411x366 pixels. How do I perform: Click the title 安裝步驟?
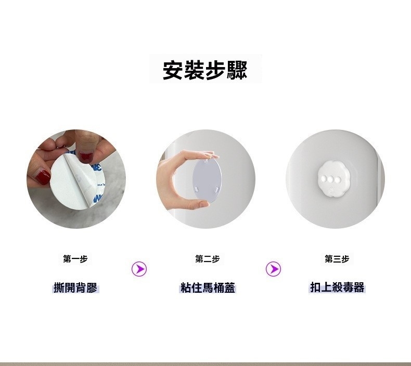tap(205, 70)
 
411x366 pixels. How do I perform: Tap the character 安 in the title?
tap(173, 70)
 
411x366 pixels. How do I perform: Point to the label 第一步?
tap(75, 259)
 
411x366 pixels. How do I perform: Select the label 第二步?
tap(208, 259)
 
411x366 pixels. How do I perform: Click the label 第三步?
tap(337, 259)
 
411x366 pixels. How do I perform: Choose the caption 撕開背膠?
tap(75, 287)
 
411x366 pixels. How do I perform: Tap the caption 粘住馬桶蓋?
tap(208, 287)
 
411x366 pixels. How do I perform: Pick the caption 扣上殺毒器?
tap(337, 287)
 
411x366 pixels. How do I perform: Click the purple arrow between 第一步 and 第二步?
tap(139, 269)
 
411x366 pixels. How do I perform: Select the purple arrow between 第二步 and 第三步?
tap(273, 269)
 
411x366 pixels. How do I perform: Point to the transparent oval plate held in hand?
tap(207, 178)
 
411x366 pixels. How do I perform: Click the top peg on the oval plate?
tap(207, 159)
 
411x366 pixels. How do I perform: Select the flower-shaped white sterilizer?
tap(331, 179)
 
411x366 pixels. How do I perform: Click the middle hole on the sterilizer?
tap(331, 179)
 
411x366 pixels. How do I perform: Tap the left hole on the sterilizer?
tap(324, 179)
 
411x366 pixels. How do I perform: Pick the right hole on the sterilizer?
tap(338, 179)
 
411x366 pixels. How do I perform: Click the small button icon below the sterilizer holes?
tap(331, 190)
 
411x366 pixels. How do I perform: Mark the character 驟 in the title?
tap(237, 70)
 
